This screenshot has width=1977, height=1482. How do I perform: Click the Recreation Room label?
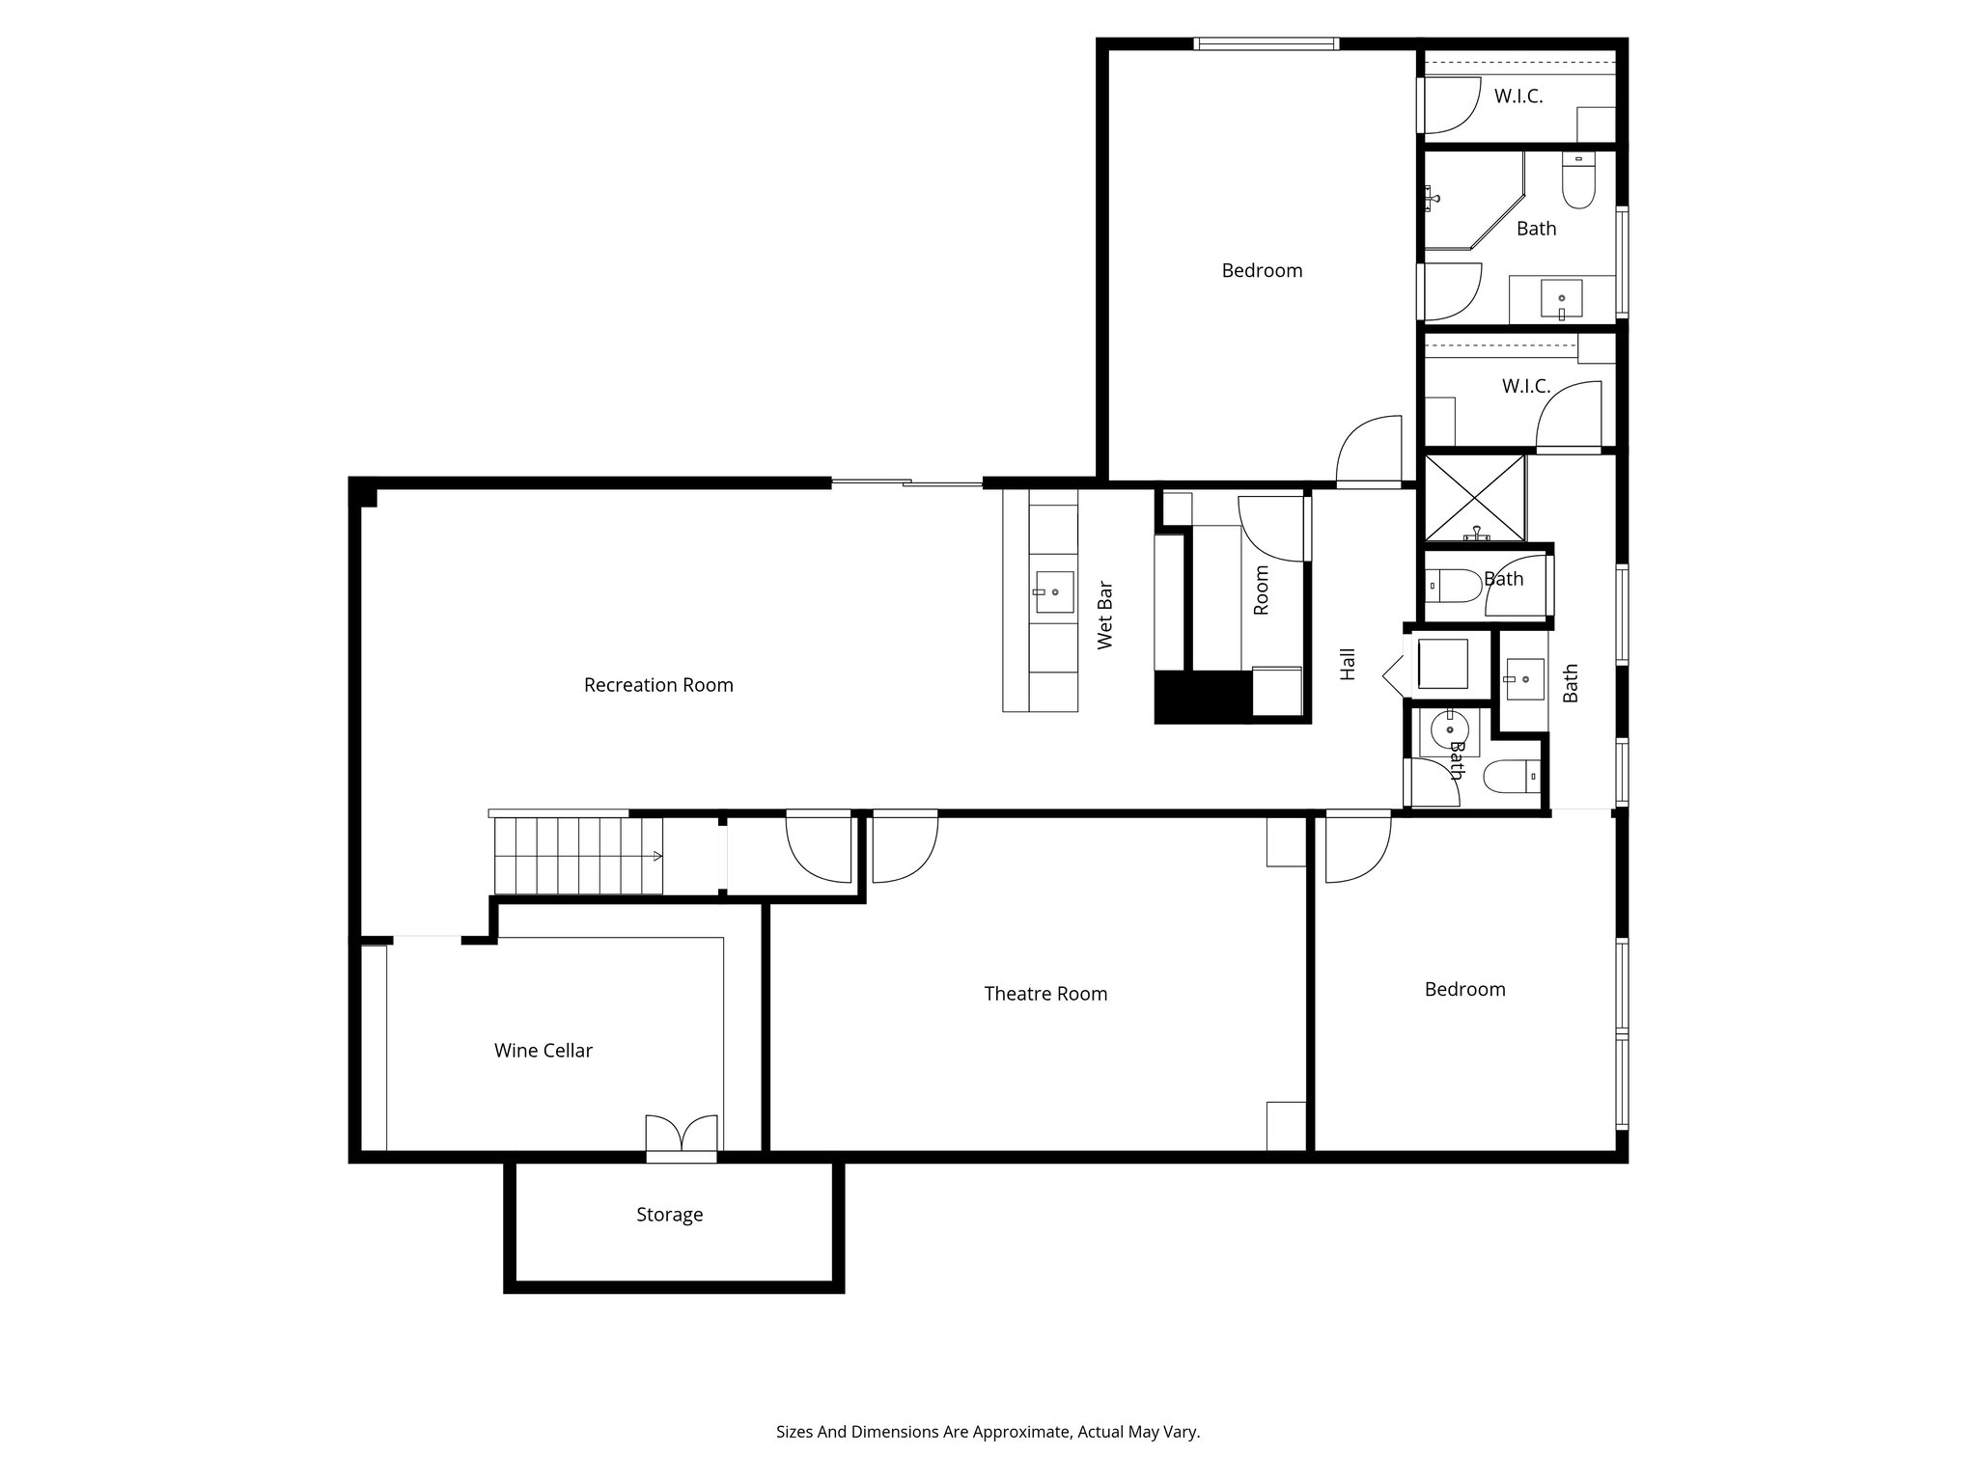pyautogui.click(x=658, y=685)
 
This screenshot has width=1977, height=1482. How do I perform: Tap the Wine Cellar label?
pyautogui.click(x=543, y=1051)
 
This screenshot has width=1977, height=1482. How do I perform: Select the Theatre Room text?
pyautogui.click(x=1045, y=994)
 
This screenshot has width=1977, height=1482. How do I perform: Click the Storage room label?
pyautogui.click(x=669, y=1215)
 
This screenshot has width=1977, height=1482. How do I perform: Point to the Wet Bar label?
pyautogui.click(x=1105, y=616)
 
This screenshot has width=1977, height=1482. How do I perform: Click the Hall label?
pyautogui.click(x=1348, y=664)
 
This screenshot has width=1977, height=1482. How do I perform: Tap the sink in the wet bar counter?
pyautogui.click(x=1053, y=591)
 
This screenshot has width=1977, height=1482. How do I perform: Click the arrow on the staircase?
pyautogui.click(x=656, y=856)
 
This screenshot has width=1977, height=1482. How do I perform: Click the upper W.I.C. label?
pyautogui.click(x=1518, y=96)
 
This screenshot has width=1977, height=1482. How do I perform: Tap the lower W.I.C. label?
pyautogui.click(x=1525, y=386)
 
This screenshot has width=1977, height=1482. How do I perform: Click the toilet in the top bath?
pyautogui.click(x=1578, y=186)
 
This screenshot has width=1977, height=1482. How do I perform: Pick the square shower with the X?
pyautogui.click(x=1474, y=498)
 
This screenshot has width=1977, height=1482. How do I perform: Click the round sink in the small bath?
pyautogui.click(x=1449, y=730)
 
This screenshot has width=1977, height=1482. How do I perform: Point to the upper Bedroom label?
pyautogui.click(x=1262, y=271)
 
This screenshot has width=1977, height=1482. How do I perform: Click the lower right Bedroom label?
pyautogui.click(x=1464, y=989)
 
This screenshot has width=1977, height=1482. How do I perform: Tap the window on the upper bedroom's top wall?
pyautogui.click(x=1266, y=43)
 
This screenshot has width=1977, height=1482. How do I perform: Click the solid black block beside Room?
pyautogui.click(x=1202, y=696)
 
